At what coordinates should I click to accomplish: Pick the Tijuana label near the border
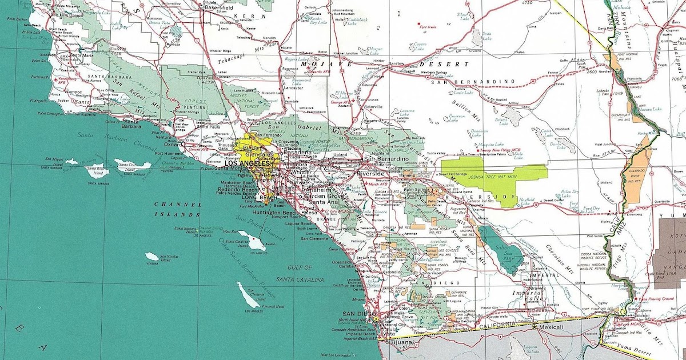401,343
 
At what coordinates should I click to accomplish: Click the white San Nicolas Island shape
152,257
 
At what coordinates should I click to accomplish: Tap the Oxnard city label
174,145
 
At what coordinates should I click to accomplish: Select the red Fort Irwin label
428,27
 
